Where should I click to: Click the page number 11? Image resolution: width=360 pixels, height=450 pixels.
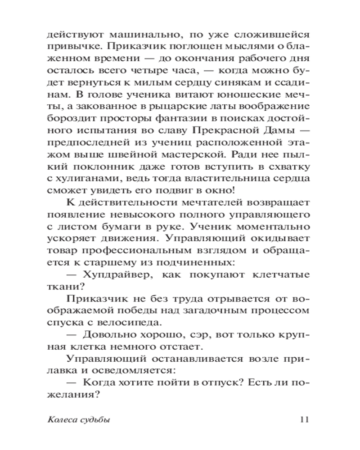click(x=303, y=420)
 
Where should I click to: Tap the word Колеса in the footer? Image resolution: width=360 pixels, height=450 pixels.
click(x=61, y=420)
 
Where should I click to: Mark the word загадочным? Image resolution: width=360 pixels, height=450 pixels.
click(x=226, y=310)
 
